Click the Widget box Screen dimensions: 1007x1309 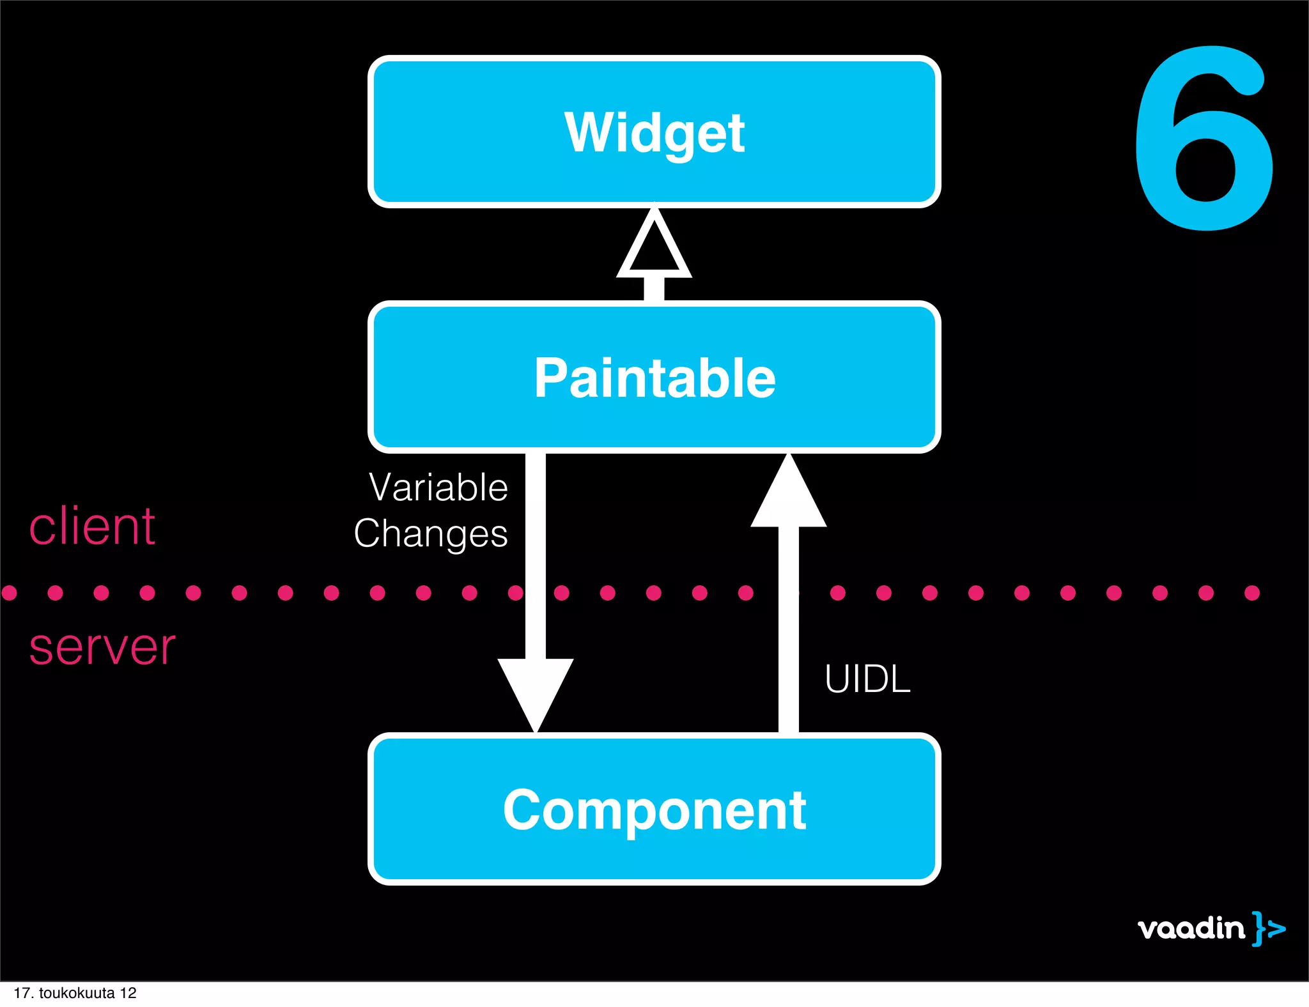coord(653,173)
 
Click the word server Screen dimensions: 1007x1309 coord(102,647)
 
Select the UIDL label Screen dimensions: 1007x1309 coord(867,679)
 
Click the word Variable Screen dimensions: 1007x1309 coord(438,488)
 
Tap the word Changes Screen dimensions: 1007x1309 coord(431,534)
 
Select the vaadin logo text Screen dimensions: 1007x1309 coord(1191,928)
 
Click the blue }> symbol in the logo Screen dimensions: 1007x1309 coord(1268,928)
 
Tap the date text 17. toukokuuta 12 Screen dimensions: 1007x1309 coord(75,993)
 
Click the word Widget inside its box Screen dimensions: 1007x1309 coord(654,133)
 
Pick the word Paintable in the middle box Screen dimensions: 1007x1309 coord(654,378)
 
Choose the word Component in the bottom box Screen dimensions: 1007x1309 coord(654,810)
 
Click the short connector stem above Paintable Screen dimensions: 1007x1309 coord(654,289)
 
